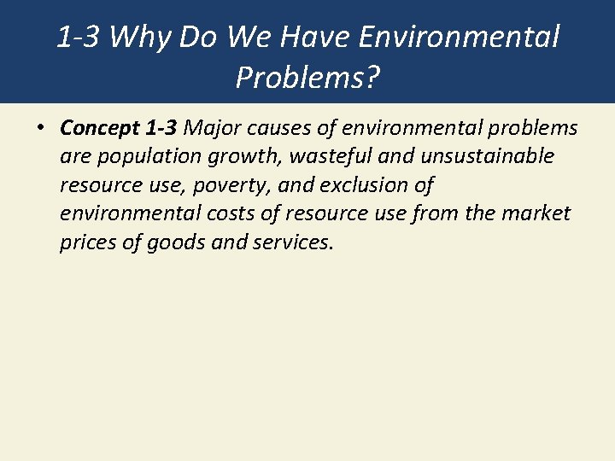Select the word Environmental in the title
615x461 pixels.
[460, 37]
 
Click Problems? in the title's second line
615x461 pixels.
[307, 78]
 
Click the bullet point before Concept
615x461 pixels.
[40, 129]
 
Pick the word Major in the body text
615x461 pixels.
[210, 128]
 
